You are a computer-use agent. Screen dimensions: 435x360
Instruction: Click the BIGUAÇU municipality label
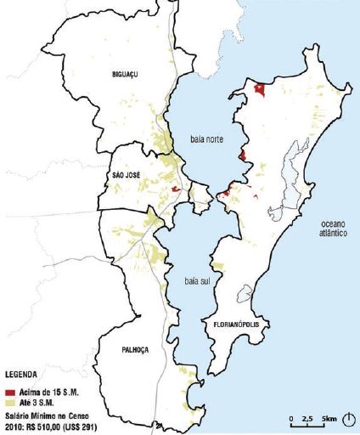coord(125,74)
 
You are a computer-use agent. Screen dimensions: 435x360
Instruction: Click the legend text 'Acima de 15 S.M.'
coord(48,391)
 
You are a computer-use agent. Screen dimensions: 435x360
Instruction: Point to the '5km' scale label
coord(329,419)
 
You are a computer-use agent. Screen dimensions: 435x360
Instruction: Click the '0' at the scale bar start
coord(290,419)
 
